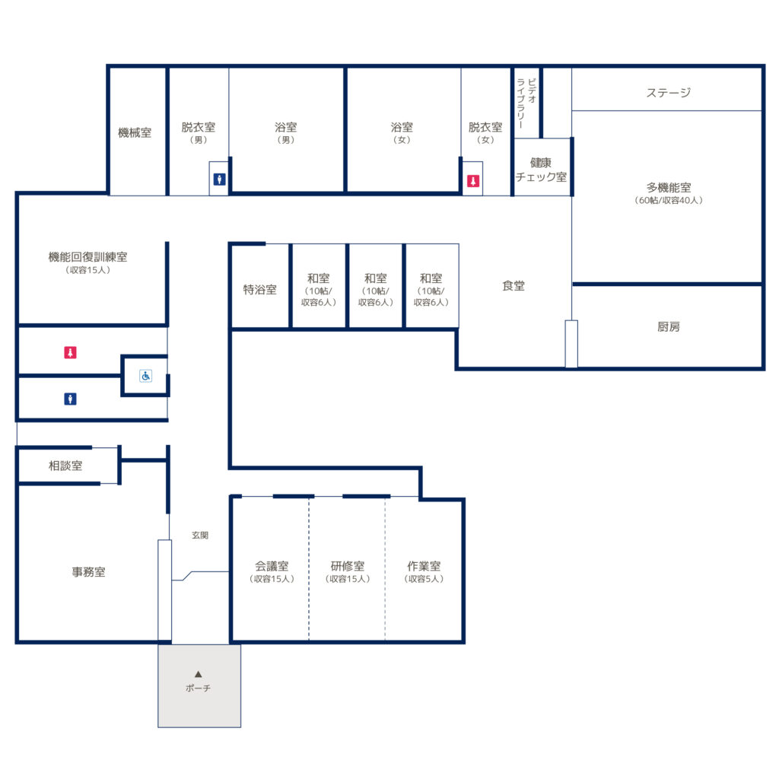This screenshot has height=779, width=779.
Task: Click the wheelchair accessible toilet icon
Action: (x=145, y=376)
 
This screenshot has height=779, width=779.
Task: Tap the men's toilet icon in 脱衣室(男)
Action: (x=220, y=180)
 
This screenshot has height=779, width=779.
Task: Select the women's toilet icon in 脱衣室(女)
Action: (x=473, y=181)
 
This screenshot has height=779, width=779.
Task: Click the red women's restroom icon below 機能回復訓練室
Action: (x=70, y=352)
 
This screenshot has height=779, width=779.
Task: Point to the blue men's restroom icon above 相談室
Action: (x=70, y=399)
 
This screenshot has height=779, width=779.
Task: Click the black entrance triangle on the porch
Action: (x=199, y=674)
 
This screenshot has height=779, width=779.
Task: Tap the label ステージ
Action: (x=668, y=92)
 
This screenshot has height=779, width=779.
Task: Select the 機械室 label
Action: (x=135, y=132)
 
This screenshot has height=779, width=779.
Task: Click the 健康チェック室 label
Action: (x=541, y=170)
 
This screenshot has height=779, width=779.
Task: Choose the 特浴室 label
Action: (x=260, y=290)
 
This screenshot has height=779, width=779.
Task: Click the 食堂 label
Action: (x=514, y=286)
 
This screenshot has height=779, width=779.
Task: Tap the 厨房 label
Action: (x=668, y=326)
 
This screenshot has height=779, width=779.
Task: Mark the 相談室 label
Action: (x=65, y=466)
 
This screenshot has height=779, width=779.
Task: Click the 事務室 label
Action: (x=88, y=572)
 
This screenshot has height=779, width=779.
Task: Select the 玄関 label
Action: (x=200, y=535)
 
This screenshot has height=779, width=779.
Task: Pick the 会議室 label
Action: (x=272, y=566)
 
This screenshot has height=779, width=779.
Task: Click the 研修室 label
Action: (x=348, y=566)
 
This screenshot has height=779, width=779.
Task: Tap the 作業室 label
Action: (x=424, y=566)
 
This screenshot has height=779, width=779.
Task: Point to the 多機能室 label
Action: (x=669, y=187)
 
